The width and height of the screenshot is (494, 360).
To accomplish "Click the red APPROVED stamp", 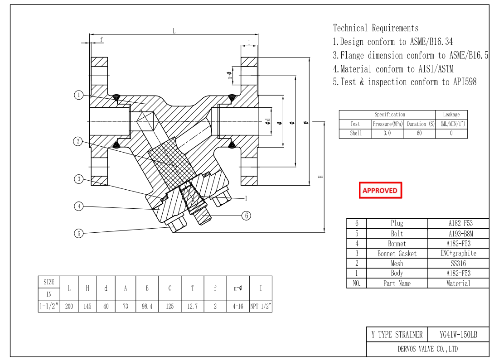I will point(380,191).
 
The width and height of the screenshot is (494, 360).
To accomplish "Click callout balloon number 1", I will point(79,95).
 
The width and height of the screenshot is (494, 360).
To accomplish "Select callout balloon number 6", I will point(246,216).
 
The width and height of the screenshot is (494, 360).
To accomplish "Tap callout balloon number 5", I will point(79,234).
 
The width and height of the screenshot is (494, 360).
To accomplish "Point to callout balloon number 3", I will point(79,179).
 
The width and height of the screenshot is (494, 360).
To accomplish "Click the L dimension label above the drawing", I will point(174,31).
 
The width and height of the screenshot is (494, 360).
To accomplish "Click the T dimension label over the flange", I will point(249,42).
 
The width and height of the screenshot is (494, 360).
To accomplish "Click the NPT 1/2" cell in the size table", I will point(261,307).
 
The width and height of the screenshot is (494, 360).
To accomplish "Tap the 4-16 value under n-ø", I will point(238,307).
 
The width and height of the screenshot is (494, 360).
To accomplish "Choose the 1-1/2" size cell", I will point(49,307).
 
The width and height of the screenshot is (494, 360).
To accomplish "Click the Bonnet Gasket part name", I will point(397,254).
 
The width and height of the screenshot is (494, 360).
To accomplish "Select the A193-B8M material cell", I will point(458,234).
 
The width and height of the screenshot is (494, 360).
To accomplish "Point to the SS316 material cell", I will point(458,264).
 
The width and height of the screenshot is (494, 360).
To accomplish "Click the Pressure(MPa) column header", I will point(387,124).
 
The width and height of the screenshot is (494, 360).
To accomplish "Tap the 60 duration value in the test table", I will point(419,134).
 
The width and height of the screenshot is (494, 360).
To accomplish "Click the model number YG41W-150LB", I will point(458,335).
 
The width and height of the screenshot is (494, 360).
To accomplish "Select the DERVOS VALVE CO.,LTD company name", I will point(427,349).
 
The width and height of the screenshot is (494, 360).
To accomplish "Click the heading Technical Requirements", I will point(376,28).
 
